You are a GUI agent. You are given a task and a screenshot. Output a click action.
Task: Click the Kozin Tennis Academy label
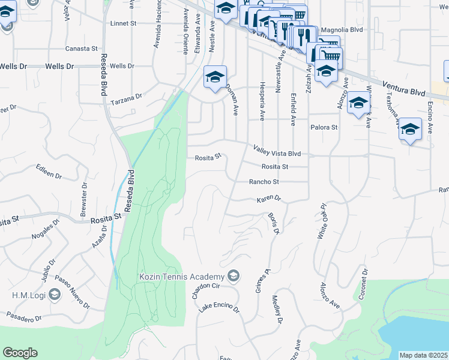click(x=181, y=277)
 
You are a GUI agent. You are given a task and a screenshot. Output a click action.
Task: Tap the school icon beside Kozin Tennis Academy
click(x=234, y=276)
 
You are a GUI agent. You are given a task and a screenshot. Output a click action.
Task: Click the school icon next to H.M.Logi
click(x=55, y=294)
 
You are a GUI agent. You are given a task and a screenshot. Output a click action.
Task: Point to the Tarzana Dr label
click(x=129, y=96)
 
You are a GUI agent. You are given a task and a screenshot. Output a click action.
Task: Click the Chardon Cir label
click(x=203, y=290)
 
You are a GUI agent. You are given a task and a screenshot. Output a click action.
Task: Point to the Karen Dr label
click(x=269, y=199)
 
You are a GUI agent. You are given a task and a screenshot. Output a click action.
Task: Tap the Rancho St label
click(x=265, y=182)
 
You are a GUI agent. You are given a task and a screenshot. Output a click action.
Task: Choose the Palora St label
click(x=324, y=128)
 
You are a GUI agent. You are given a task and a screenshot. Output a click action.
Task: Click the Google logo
click(x=20, y=353)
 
